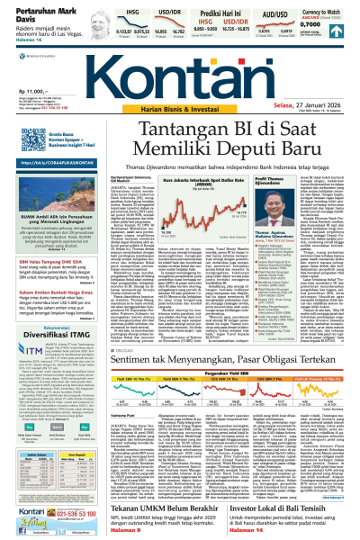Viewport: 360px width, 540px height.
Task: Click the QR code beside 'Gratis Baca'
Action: (x=17, y=143)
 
